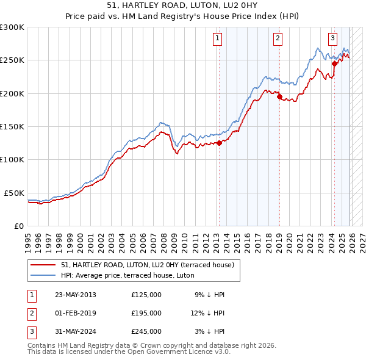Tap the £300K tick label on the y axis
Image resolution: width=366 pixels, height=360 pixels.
pos(12,27)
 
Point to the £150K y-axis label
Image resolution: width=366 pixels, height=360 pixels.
pos(12,126)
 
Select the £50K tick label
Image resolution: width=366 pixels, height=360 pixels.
pos(15,193)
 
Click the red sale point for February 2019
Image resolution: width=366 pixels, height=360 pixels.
pos(279,96)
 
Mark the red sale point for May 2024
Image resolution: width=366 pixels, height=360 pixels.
pos(334,63)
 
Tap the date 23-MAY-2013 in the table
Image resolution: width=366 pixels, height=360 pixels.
pos(75,295)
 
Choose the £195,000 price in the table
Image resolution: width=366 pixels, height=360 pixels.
pos(146,313)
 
